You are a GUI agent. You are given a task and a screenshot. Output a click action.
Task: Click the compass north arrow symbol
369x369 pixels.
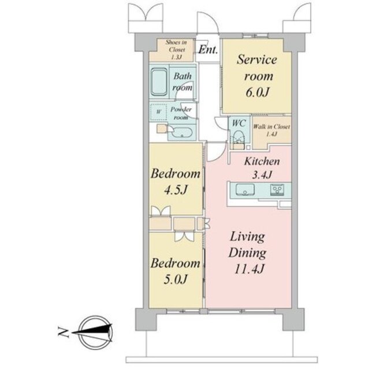coord(93,332)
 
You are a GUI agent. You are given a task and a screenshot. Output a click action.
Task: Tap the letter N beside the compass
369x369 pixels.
coord(63,332)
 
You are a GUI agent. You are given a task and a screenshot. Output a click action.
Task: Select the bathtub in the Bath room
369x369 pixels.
coord(159,82)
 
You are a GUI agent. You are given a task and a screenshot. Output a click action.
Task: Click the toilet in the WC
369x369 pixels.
coord(238,138)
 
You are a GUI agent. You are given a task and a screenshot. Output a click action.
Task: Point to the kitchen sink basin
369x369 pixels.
coord(245,190)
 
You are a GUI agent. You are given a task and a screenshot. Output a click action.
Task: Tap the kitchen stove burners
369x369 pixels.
coord(277,190)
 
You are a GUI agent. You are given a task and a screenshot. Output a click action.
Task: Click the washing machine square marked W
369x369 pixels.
coord(159,112)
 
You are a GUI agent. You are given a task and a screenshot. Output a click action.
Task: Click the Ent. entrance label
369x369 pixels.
coord(208,50)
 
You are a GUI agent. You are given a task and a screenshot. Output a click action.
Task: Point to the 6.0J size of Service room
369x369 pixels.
coord(258,92)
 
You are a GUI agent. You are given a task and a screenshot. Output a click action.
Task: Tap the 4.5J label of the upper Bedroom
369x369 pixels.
coord(176,190)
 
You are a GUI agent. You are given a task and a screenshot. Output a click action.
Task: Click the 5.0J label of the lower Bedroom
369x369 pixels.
coord(176,279)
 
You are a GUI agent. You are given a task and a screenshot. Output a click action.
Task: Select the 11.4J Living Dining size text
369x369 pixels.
coord(248,269)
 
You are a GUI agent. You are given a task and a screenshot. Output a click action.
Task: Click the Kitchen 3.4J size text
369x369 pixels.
coord(262,175)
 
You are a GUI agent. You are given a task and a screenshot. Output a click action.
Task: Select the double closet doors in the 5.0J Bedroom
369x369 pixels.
coord(184,237)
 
